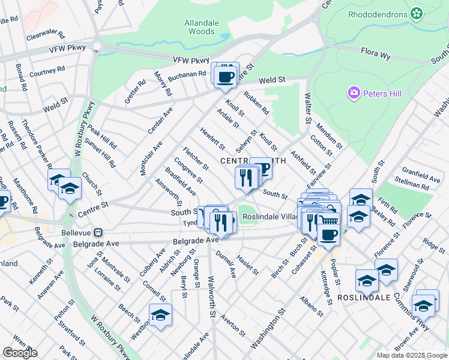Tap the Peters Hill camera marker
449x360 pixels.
pos(354,93)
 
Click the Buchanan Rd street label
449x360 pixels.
pos(187,75)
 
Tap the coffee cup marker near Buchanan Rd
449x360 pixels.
pos(226,77)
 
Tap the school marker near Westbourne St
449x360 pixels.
pos(160,315)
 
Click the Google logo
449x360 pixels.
pos(20,353)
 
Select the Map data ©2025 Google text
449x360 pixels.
pos(412,355)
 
